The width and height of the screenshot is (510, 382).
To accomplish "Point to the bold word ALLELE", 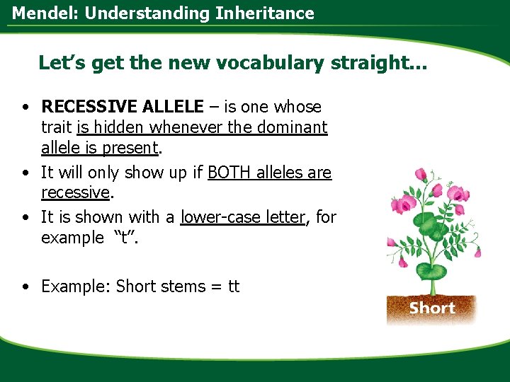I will click(173, 107).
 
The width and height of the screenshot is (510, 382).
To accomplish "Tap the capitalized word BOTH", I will click(231, 173).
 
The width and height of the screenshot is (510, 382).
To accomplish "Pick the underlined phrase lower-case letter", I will click(242, 217).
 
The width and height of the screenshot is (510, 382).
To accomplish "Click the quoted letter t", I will click(125, 238).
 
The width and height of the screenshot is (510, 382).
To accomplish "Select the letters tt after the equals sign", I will click(233, 286).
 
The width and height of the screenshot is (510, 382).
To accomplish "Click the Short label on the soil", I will click(431, 308).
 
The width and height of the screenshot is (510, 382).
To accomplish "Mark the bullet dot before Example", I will click(25, 287).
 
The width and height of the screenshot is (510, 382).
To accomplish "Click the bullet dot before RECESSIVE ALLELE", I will click(25, 108).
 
